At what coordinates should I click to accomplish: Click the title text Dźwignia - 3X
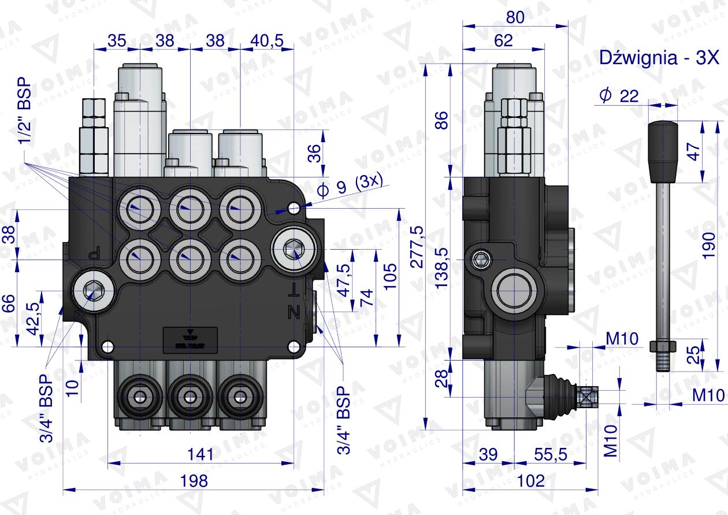pyautogui.click(x=659, y=58)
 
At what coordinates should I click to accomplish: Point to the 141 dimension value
pyautogui.click(x=200, y=454)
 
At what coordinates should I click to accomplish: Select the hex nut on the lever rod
pyautogui.click(x=663, y=346)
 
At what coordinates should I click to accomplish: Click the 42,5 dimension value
pyautogui.click(x=34, y=318)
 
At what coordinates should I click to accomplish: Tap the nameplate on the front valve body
pyautogui.click(x=191, y=338)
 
